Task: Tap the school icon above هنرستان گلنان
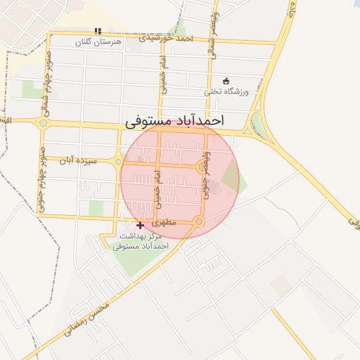[x=98, y=32]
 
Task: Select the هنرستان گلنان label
[x=98, y=42]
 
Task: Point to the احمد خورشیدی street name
[x=165, y=37]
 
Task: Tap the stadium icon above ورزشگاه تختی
[x=225, y=80]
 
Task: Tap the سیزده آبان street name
[x=77, y=160]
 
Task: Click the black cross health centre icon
[x=140, y=225]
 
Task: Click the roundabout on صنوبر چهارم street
[x=43, y=124]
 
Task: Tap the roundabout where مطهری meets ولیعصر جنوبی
[x=199, y=222]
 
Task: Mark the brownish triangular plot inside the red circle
[x=230, y=176]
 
